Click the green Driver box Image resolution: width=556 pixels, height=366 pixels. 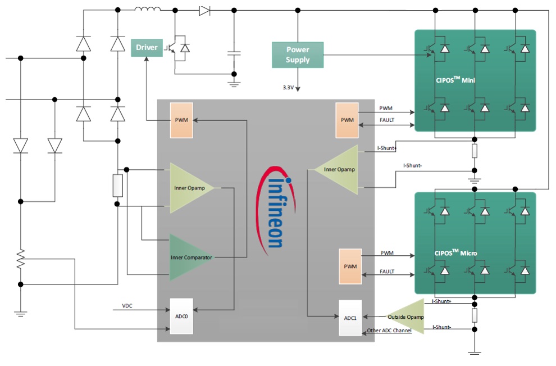coord(146,47)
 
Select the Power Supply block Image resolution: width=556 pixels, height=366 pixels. coord(298,55)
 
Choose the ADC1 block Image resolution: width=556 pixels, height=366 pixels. coord(350,318)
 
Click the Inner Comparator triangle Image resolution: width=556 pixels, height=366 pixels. coord(188,257)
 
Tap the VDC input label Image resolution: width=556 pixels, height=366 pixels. coord(127,306)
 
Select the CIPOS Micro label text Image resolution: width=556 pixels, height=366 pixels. coord(455,252)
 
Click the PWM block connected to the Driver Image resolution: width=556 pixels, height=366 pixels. coord(181,120)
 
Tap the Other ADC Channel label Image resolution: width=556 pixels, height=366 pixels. coord(389,331)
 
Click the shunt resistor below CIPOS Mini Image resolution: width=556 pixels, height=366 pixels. coord(475,151)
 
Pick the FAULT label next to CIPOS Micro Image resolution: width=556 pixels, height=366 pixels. coord(387,272)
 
